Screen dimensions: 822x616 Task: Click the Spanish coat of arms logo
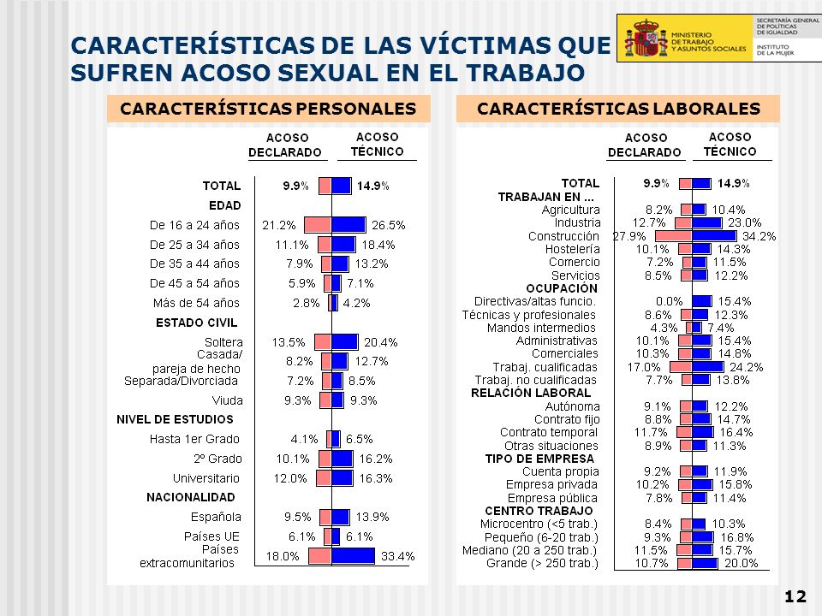click(x=646, y=38)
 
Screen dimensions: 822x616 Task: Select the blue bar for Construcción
click(x=714, y=236)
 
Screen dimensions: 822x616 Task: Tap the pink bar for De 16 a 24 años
click(x=317, y=225)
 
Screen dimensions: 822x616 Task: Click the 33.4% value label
click(x=397, y=556)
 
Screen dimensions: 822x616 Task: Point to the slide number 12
click(x=795, y=596)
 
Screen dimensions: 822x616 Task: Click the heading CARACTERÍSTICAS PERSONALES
click(x=268, y=109)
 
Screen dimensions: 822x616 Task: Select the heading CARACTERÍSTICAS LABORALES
click(x=618, y=109)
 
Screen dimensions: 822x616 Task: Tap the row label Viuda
click(x=227, y=400)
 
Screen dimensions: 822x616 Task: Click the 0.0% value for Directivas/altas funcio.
click(x=670, y=301)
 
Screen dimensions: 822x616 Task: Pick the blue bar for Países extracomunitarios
click(x=354, y=556)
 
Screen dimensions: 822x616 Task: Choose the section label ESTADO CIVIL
click(x=197, y=323)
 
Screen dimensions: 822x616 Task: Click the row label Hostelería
click(x=573, y=249)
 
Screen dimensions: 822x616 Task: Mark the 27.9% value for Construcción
click(x=629, y=236)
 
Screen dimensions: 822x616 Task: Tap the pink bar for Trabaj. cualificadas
click(x=681, y=367)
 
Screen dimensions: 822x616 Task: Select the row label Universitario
click(x=206, y=478)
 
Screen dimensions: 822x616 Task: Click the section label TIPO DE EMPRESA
click(x=539, y=459)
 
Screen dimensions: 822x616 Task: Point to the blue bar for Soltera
click(x=345, y=342)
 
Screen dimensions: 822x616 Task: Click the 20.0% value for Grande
click(x=742, y=564)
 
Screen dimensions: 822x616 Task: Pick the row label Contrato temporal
click(x=548, y=433)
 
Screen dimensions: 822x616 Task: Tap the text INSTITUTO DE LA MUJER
click(x=775, y=50)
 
